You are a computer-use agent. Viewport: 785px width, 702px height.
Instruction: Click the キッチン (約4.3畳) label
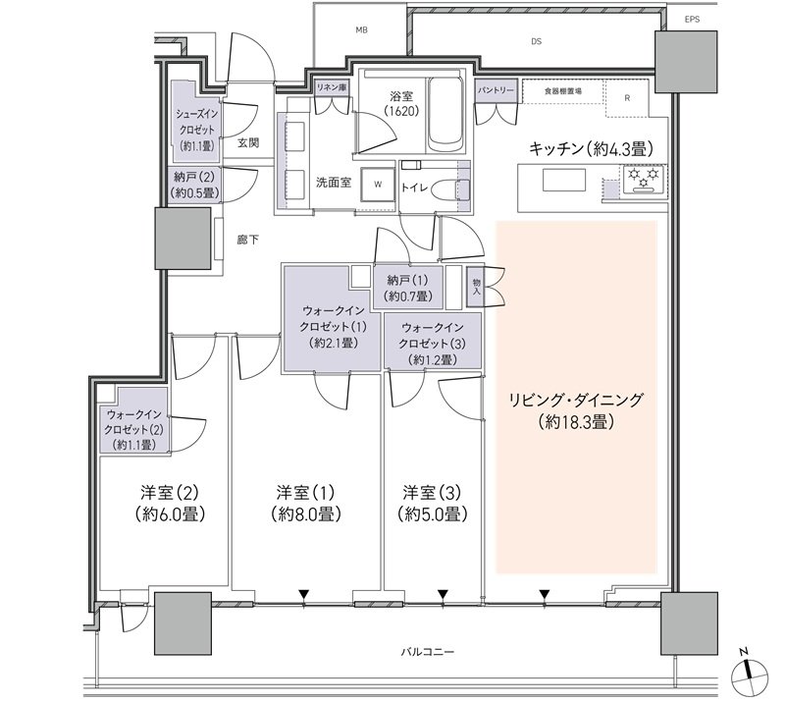pyautogui.click(x=591, y=149)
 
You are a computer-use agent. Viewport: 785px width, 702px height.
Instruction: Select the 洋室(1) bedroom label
pyautogui.click(x=305, y=504)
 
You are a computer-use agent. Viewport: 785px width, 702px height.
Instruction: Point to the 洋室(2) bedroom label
pyautogui.click(x=170, y=504)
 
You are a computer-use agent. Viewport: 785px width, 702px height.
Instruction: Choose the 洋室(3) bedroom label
pyautogui.click(x=432, y=504)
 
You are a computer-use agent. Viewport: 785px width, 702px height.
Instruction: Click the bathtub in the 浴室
pyautogui.click(x=445, y=115)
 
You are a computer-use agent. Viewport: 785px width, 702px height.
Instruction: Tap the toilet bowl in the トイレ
pyautogui.click(x=448, y=189)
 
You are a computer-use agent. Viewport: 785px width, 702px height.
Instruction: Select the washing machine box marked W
pyautogui.click(x=378, y=184)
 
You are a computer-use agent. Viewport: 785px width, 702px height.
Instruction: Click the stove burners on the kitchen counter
pyautogui.click(x=644, y=180)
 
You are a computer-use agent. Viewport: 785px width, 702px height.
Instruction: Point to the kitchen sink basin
pyautogui.click(x=564, y=180)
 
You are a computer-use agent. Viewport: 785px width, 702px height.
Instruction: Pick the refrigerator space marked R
pyautogui.click(x=627, y=98)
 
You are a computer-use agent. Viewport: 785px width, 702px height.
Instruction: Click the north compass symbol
pyautogui.click(x=749, y=674)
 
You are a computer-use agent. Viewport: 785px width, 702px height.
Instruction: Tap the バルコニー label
pyautogui.click(x=428, y=652)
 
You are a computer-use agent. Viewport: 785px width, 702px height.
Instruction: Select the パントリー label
pyautogui.click(x=496, y=90)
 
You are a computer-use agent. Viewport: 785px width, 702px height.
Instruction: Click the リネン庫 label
pyautogui.click(x=331, y=87)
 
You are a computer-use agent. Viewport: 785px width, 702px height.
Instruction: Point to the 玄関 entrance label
pyautogui.click(x=248, y=142)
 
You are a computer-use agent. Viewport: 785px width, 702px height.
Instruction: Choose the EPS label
pyautogui.click(x=692, y=20)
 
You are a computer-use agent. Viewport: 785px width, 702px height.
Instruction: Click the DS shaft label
pyautogui.click(x=536, y=41)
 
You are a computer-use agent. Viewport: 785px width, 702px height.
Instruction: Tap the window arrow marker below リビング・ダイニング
pyautogui.click(x=545, y=595)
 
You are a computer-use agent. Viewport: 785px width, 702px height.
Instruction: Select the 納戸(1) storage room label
pyautogui.click(x=408, y=288)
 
